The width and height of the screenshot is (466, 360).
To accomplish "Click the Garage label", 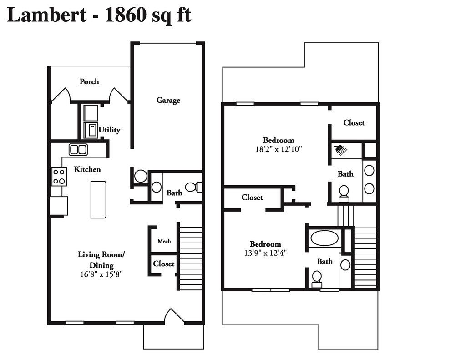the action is click(x=168, y=101).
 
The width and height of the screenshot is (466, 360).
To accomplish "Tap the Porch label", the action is click(x=89, y=81).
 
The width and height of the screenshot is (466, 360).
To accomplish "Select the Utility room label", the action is click(x=109, y=130).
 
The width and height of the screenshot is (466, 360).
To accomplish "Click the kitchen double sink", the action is click(x=78, y=149).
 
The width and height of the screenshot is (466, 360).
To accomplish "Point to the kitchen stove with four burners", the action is click(x=59, y=176).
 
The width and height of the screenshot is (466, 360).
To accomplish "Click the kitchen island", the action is click(x=98, y=199).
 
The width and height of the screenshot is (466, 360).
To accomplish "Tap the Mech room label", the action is click(x=164, y=241).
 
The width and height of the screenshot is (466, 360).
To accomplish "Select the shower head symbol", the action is click(x=339, y=149).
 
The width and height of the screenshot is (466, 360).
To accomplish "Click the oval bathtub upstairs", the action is click(x=324, y=238).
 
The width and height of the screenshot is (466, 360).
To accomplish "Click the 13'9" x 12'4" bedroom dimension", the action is click(x=265, y=253).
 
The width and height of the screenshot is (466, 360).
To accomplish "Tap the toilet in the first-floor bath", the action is click(x=192, y=187).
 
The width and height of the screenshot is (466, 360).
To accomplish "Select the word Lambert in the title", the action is click(x=46, y=15).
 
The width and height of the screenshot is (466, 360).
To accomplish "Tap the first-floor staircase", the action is click(x=191, y=257).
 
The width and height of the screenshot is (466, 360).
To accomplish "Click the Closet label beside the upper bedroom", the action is click(x=354, y=123).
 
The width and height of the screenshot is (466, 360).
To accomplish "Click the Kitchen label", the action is click(x=87, y=169).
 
